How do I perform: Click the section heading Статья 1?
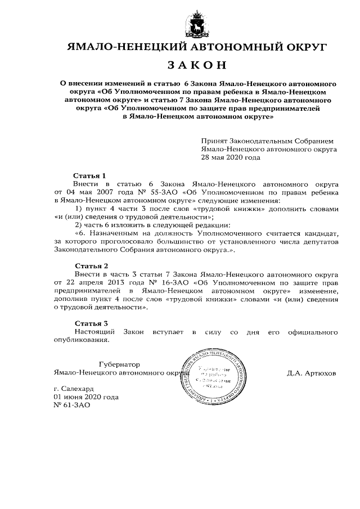tap(90, 175)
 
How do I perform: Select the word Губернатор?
tap(119, 364)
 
